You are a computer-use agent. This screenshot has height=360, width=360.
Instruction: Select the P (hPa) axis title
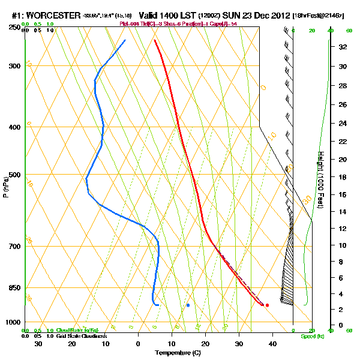(6, 186)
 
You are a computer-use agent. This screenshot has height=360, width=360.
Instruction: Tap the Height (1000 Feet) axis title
(321, 179)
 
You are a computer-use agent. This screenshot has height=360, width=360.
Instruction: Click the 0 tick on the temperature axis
(138, 343)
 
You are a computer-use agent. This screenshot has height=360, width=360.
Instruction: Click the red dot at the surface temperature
(267, 305)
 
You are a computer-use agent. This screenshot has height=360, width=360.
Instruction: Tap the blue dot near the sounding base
(188, 305)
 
